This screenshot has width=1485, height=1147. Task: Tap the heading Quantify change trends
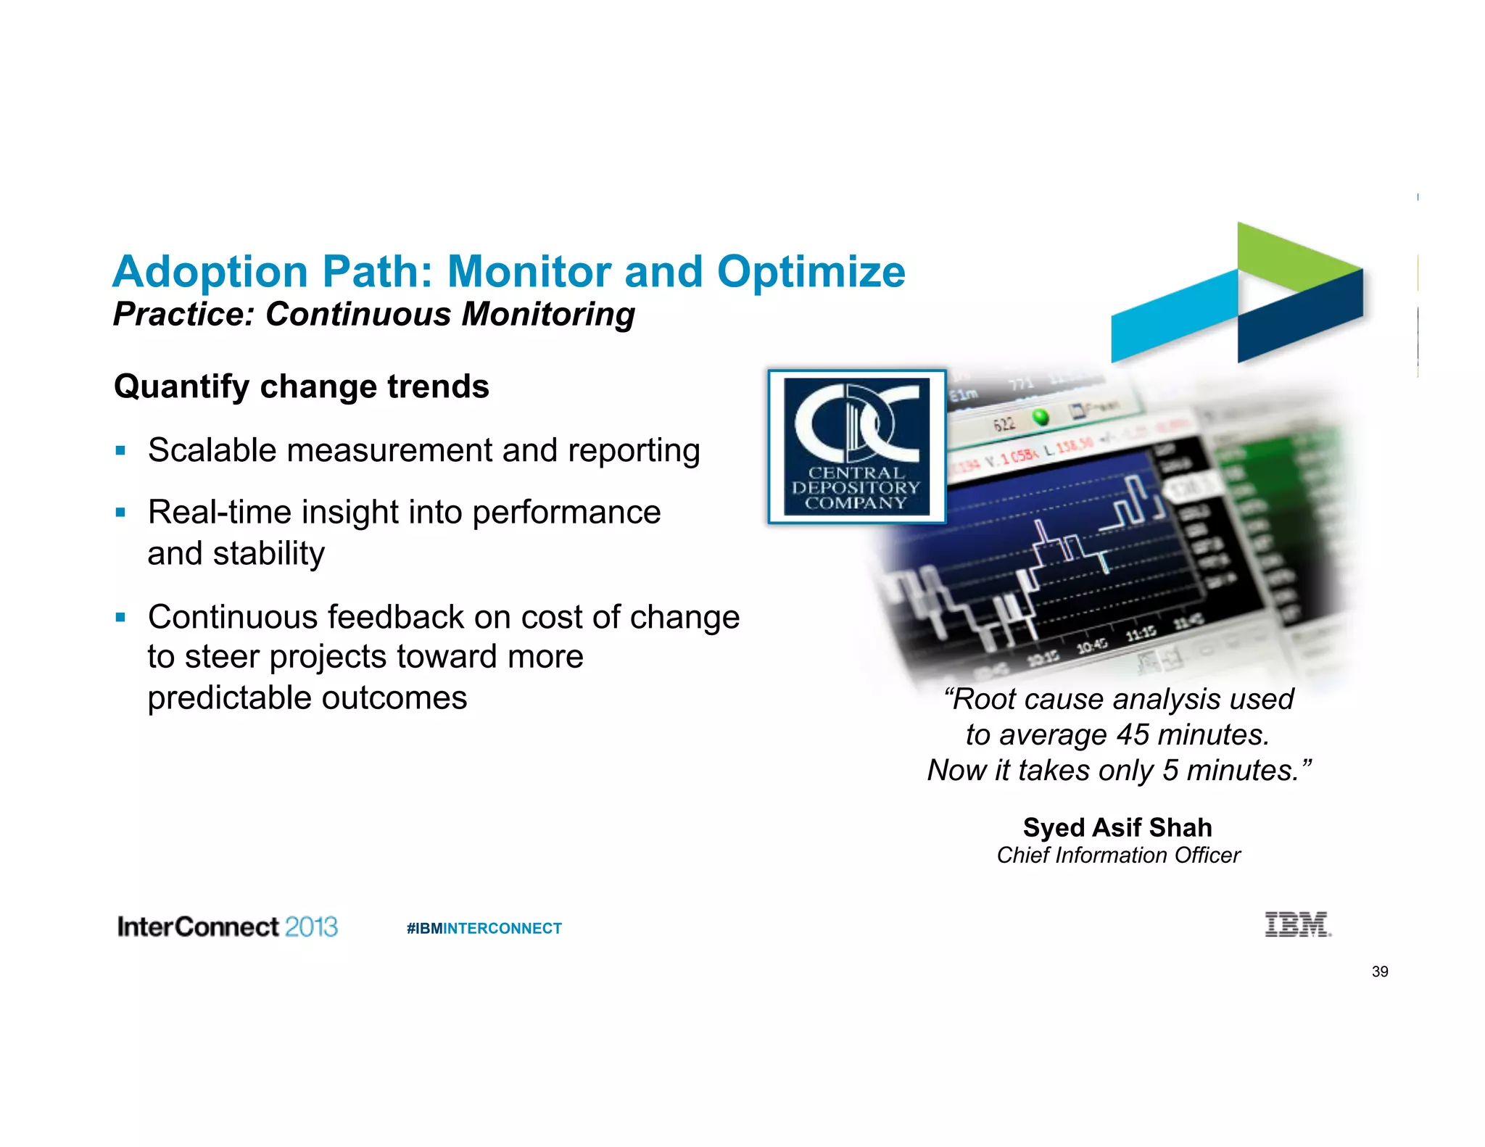tap(301, 386)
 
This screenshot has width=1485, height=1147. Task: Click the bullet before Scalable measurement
tap(120, 451)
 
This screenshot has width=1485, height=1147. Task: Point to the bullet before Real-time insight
tap(120, 513)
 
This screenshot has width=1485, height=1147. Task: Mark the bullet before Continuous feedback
tap(120, 618)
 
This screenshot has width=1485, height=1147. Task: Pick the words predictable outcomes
tap(307, 698)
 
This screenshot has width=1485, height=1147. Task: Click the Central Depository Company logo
tap(856, 447)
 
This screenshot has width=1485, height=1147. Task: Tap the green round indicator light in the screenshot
tap(1040, 417)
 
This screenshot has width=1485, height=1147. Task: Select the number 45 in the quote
tap(1132, 735)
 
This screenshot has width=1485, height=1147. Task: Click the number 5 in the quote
tap(1170, 771)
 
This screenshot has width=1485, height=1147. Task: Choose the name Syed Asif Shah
tap(1117, 827)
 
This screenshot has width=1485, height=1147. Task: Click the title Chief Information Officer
tap(1117, 856)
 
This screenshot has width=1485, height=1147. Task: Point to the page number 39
tap(1379, 972)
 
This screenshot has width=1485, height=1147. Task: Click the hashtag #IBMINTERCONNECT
tap(484, 929)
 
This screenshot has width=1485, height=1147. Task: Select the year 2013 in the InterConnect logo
tap(311, 927)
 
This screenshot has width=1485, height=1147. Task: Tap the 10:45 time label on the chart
tap(1091, 645)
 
